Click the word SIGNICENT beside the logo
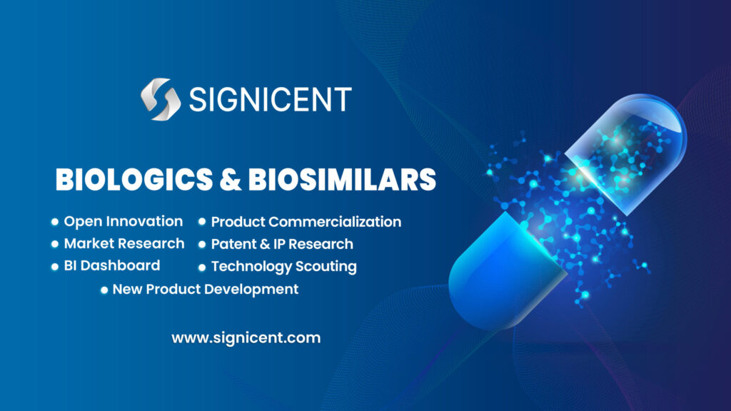tap(270, 100)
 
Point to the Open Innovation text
tap(123, 221)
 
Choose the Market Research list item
tap(123, 243)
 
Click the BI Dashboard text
tap(111, 265)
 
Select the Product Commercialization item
tap(306, 222)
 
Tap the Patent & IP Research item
tap(281, 244)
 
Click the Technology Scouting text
tap(283, 267)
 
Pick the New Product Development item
tap(205, 289)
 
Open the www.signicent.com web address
tap(246, 338)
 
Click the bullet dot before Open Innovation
tap(55, 222)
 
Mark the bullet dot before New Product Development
tap(104, 290)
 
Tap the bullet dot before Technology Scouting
tap(203, 268)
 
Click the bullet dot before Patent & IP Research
tap(203, 245)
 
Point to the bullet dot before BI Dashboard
tap(55, 266)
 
